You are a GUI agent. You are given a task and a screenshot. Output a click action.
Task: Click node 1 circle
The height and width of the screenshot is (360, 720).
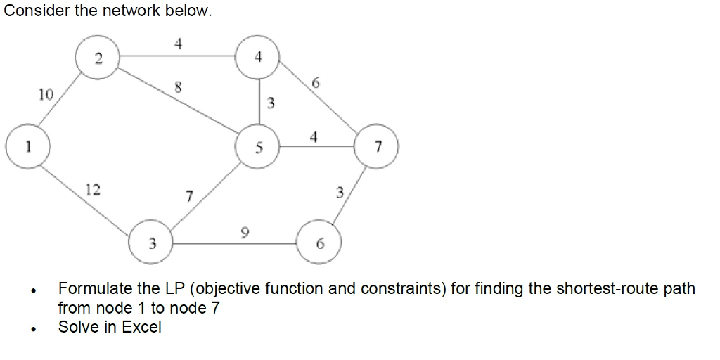(x=27, y=147)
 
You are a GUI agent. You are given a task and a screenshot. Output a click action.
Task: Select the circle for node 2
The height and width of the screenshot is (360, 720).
(x=99, y=59)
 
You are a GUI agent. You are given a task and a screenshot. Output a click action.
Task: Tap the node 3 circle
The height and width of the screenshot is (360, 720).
(x=151, y=243)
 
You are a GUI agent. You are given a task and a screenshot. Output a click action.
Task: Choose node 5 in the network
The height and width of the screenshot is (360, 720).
(x=259, y=147)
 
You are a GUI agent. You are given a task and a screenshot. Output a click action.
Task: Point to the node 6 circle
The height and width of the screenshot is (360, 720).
(x=320, y=243)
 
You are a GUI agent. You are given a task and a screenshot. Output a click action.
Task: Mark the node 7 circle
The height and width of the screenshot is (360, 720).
(x=378, y=147)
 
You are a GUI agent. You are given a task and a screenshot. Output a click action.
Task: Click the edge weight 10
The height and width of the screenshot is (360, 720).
(x=46, y=94)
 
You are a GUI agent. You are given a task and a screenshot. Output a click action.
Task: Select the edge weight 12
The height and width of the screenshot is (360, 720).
(x=92, y=189)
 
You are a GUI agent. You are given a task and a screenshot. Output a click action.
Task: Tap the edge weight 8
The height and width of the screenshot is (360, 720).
(x=179, y=88)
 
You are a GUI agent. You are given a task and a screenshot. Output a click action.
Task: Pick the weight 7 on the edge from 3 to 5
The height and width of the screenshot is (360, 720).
(x=189, y=196)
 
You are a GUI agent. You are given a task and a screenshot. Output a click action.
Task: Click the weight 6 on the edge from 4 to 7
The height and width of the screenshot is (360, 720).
(x=316, y=83)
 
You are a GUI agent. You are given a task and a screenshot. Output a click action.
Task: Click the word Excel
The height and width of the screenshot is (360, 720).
(x=141, y=327)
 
